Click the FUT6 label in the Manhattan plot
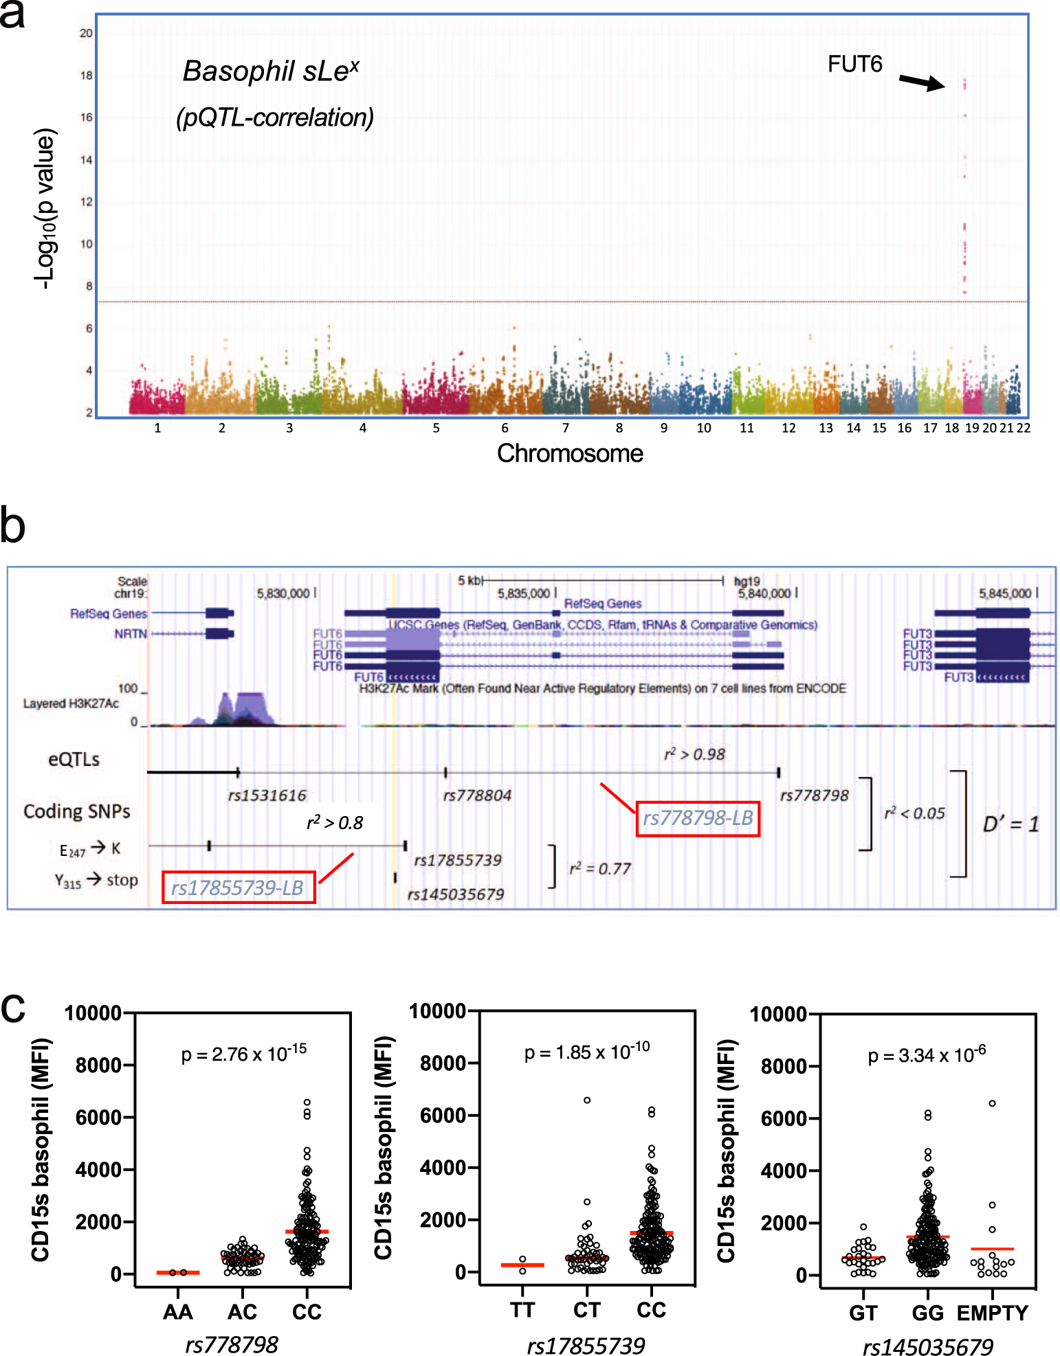point(854,65)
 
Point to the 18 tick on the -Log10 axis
point(86,76)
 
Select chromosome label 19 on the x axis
point(971,428)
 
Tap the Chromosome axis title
point(570,453)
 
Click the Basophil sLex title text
point(270,71)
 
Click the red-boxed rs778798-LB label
point(698,818)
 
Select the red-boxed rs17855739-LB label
point(238,888)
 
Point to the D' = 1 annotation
point(1010,824)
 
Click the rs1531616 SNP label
point(267,795)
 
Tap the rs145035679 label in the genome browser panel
point(455,894)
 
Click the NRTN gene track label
point(131,633)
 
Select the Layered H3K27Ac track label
point(71,703)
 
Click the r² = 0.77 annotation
point(599,869)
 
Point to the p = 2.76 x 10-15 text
point(243,1053)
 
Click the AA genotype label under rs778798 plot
point(177,1312)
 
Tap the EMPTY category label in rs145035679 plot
point(992,1313)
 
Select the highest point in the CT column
point(587,1100)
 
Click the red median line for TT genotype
point(522,1265)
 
